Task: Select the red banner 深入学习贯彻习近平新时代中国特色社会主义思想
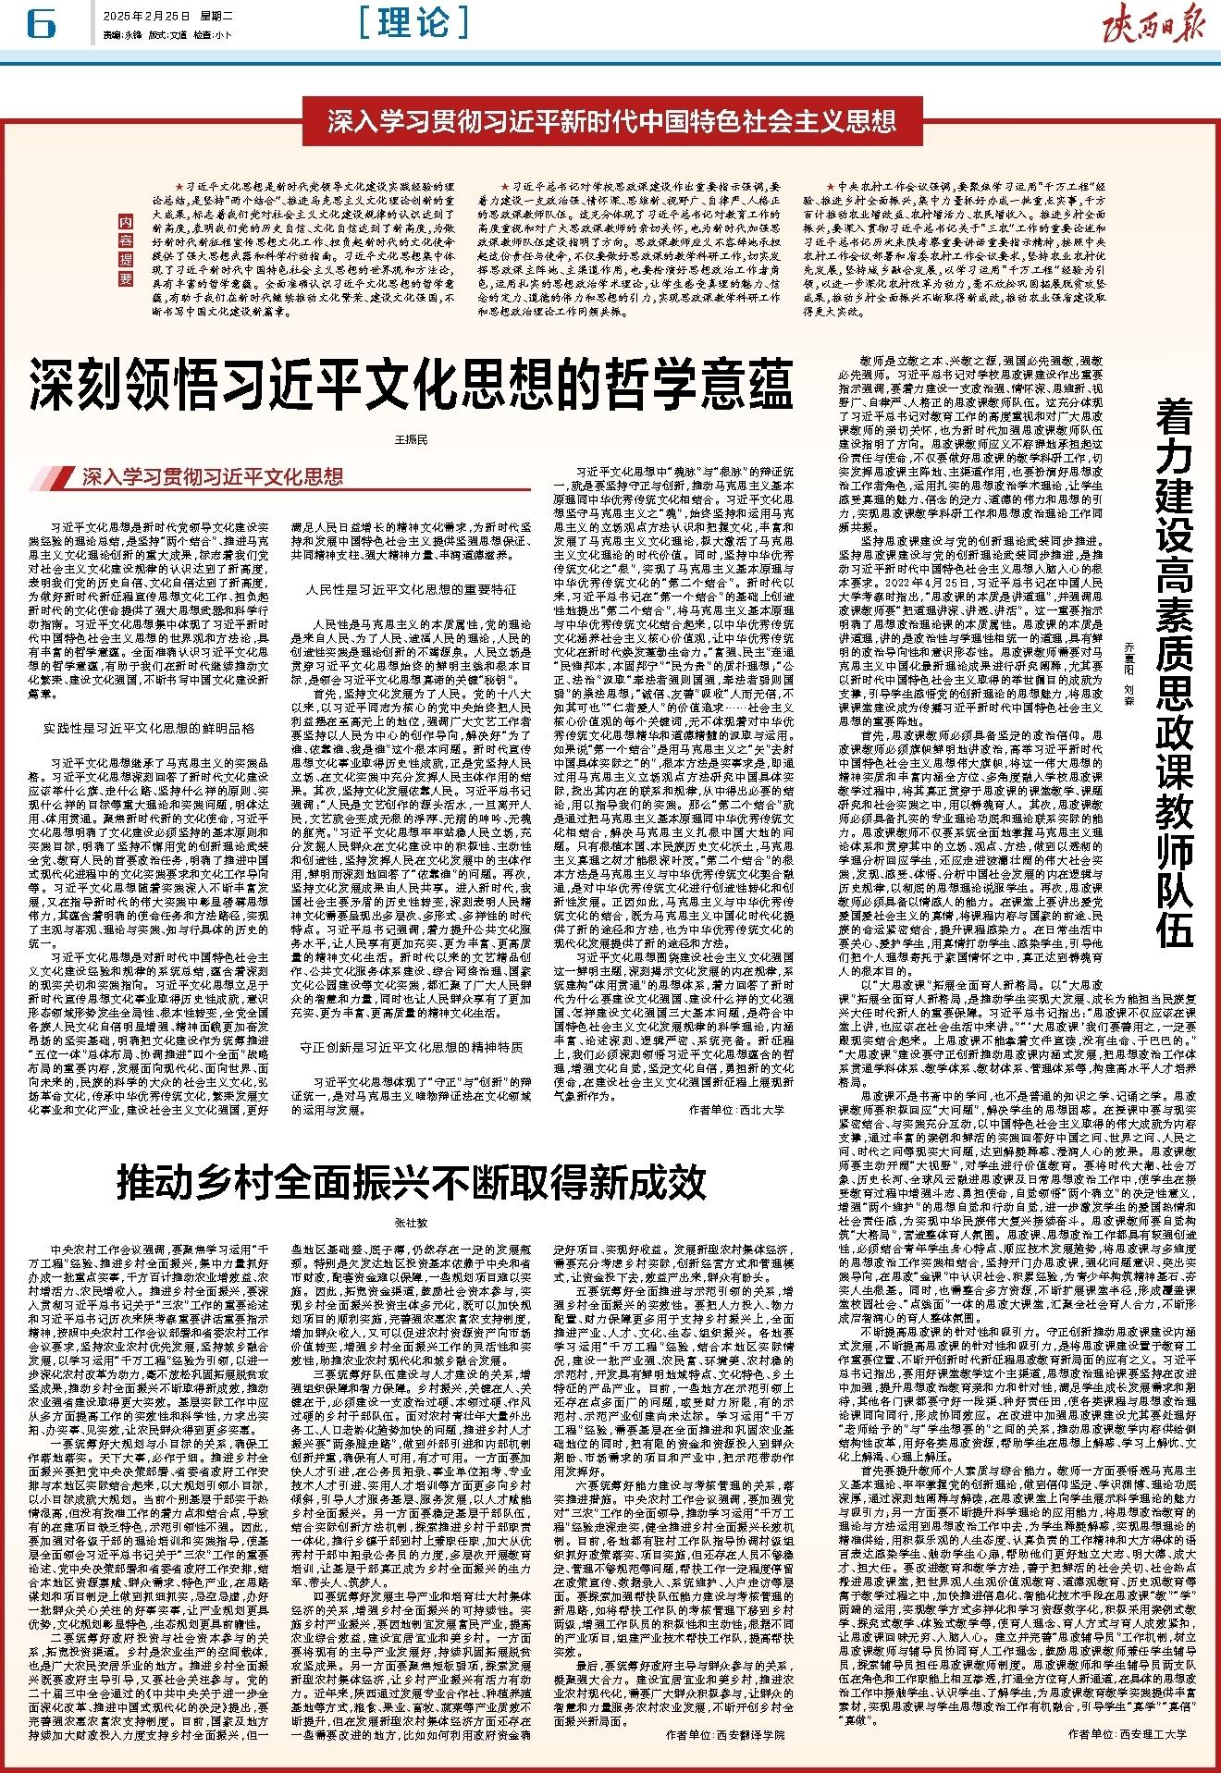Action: [611, 120]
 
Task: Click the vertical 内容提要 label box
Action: [125, 250]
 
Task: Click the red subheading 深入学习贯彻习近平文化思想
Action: [212, 477]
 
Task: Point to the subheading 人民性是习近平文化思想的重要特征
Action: [412, 589]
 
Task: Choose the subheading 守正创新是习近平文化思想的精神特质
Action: [412, 1048]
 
